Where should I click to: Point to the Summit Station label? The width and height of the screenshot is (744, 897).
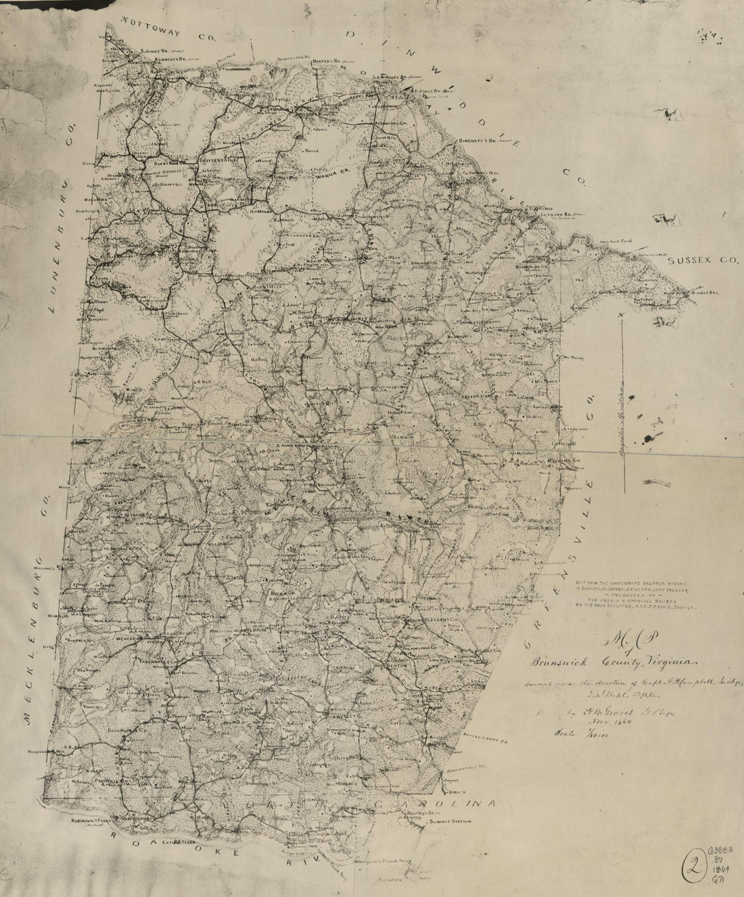click(x=448, y=823)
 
